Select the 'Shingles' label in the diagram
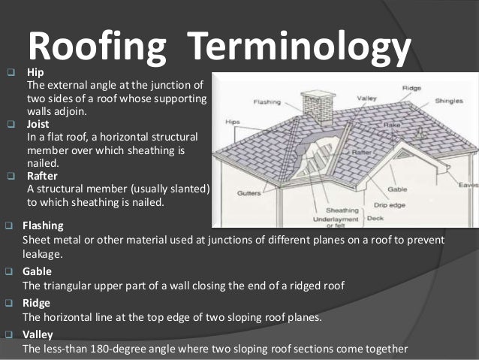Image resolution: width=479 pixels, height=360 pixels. (449, 99)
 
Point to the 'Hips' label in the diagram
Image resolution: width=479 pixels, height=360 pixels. (233, 119)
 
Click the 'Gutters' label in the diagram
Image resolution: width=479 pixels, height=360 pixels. (249, 193)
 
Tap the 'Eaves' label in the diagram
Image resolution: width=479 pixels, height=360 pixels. (468, 184)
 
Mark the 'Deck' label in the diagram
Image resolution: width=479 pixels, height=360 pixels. (375, 219)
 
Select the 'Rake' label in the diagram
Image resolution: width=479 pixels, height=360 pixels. (370, 127)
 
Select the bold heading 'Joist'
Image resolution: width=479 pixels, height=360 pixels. (38, 125)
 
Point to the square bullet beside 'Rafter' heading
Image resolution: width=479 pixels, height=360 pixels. (11, 177)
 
